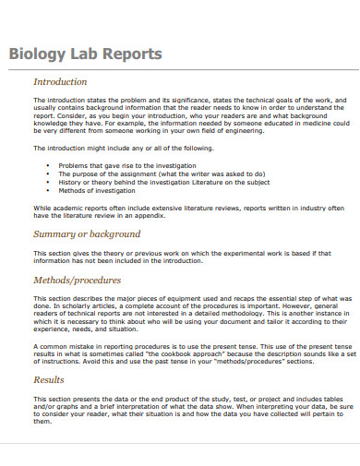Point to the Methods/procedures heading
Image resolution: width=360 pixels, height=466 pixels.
77,279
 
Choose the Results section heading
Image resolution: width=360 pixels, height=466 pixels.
48,378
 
